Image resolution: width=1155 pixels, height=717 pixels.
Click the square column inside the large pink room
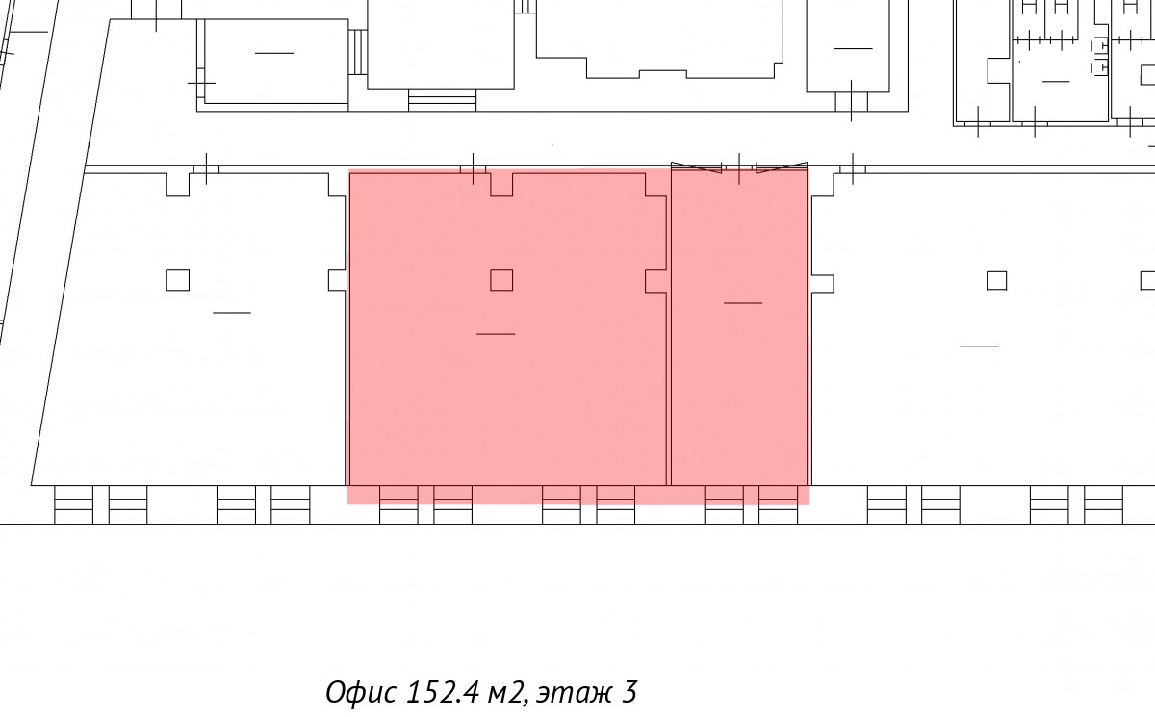click(501, 280)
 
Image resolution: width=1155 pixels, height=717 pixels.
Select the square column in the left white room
click(177, 280)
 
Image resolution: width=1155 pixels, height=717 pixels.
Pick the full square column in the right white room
click(997, 281)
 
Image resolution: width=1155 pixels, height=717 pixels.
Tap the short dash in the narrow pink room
click(743, 303)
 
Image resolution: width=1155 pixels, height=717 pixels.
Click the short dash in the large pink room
click(496, 334)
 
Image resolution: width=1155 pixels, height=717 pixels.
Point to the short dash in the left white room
click(232, 313)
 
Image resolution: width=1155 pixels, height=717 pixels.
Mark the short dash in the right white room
click(979, 346)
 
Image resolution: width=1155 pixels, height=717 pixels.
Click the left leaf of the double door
click(696, 167)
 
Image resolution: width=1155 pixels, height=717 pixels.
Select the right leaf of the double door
click(782, 167)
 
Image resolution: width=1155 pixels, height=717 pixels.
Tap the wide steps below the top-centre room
click(443, 100)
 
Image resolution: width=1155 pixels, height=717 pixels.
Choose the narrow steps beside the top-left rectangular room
click(358, 52)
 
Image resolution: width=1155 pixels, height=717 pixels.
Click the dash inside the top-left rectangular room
click(274, 53)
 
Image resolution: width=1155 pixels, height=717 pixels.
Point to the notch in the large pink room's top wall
click(501, 185)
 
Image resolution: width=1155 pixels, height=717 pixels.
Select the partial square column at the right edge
click(1147, 281)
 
